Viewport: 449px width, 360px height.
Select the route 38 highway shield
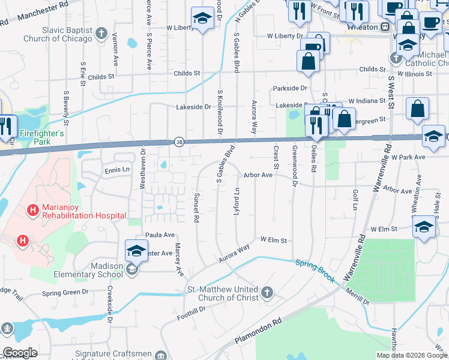179,142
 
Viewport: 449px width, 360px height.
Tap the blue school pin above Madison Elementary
136,251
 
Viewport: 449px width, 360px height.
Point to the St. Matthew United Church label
222,293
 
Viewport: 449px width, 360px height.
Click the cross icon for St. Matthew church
267,293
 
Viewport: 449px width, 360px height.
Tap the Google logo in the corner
19,353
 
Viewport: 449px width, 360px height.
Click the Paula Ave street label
160,235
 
